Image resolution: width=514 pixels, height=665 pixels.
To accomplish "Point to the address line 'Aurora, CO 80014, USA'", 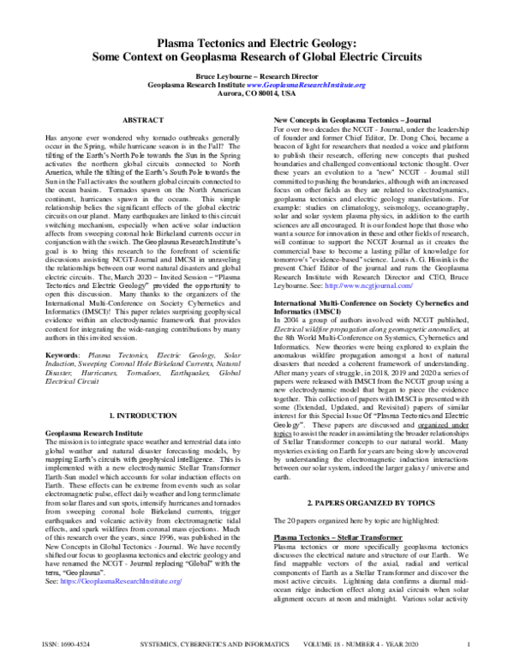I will pyautogui.click(x=257, y=94).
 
